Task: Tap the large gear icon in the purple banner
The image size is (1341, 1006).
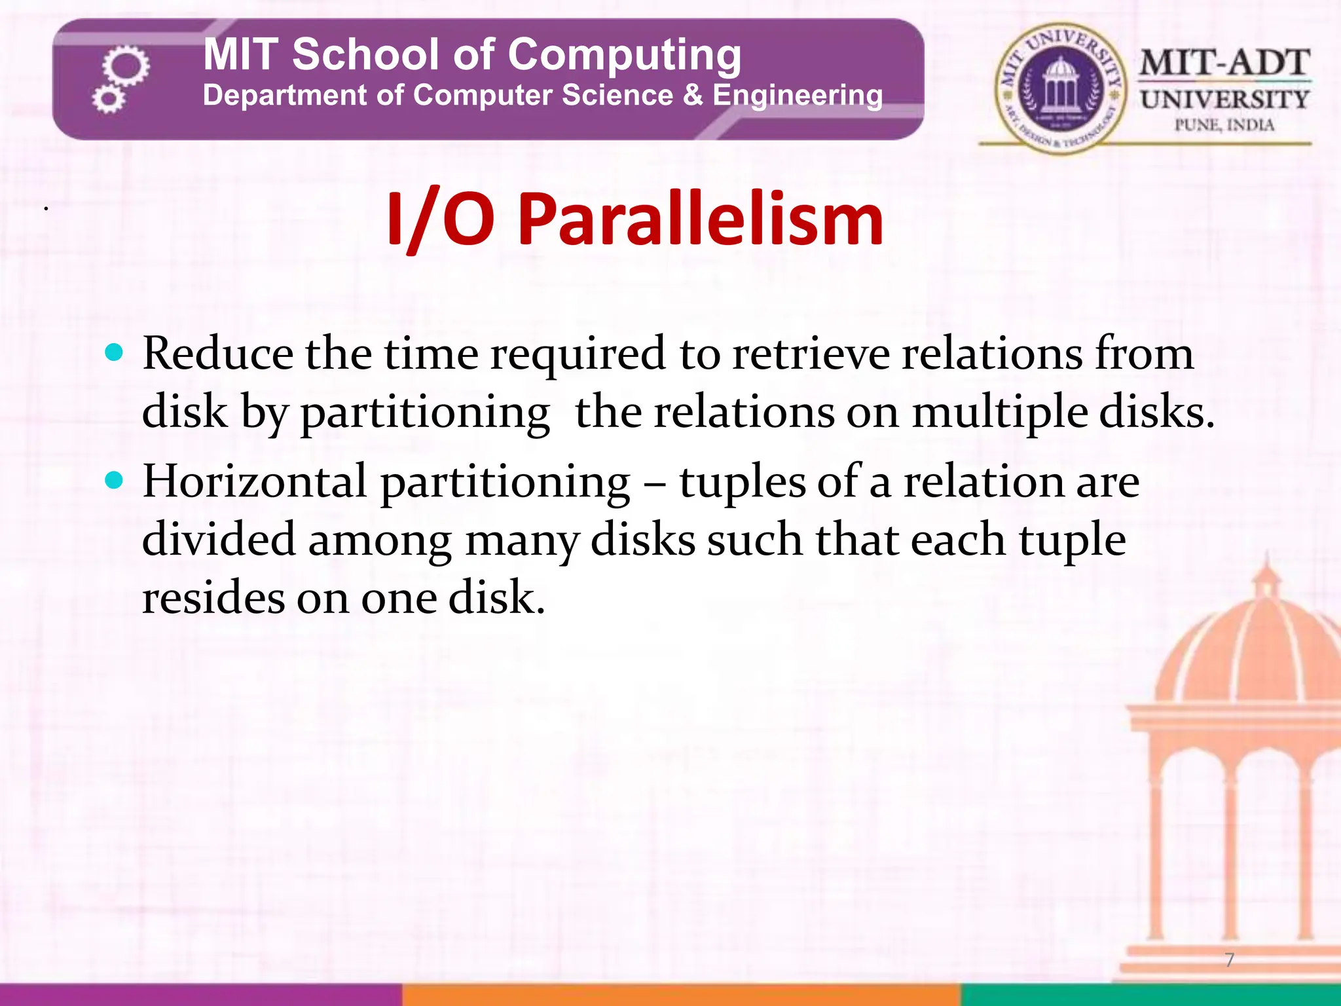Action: (126, 65)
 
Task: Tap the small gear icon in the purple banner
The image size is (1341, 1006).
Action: (108, 100)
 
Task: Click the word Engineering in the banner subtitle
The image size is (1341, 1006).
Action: (798, 96)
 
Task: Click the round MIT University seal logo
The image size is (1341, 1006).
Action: (1060, 89)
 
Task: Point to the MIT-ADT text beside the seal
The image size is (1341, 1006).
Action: (1224, 64)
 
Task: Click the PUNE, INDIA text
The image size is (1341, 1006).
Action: (1224, 124)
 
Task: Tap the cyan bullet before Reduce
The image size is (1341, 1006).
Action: (114, 354)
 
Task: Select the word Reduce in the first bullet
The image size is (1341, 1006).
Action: (218, 354)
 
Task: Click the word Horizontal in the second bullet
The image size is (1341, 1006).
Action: (255, 481)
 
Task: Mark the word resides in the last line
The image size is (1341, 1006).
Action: (213, 597)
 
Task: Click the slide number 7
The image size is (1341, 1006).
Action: (1230, 960)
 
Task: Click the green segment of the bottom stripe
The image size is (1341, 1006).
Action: (1150, 994)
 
